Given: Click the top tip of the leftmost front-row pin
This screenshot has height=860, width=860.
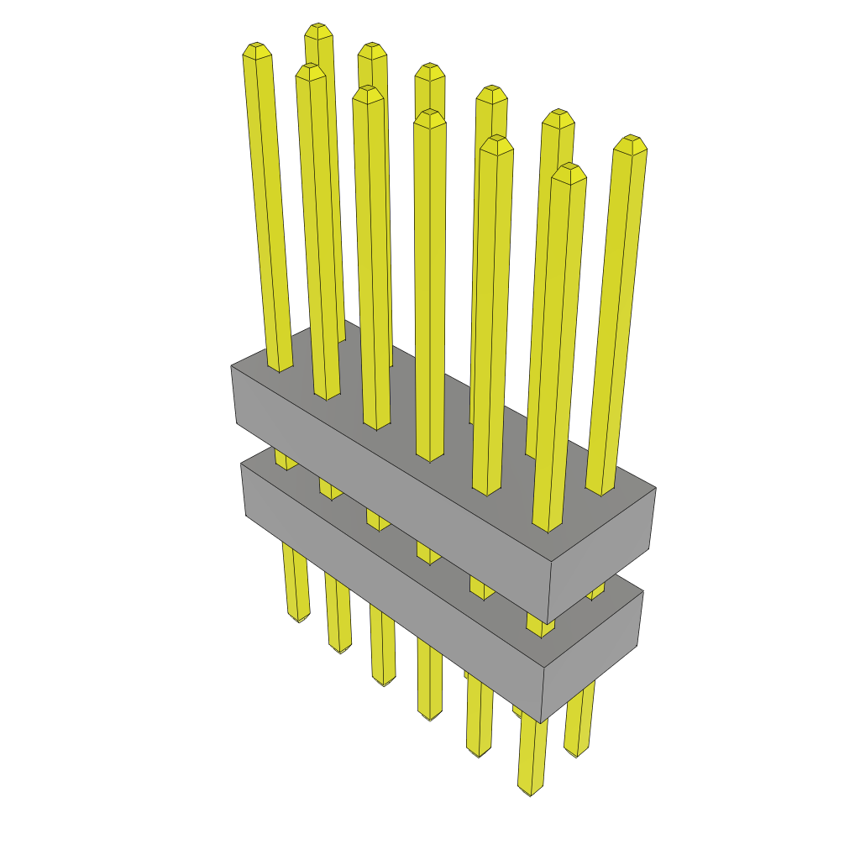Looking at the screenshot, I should (x=256, y=47).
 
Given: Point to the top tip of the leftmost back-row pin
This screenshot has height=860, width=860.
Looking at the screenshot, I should (x=317, y=28).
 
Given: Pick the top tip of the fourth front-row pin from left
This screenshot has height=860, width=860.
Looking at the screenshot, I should (x=429, y=114).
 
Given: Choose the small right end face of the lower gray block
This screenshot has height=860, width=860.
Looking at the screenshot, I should (x=593, y=655).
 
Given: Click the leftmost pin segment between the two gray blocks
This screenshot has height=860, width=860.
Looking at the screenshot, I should (x=285, y=460).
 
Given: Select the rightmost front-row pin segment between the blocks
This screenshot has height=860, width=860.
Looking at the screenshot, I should (x=541, y=625).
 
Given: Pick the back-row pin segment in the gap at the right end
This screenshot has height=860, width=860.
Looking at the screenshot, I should (x=595, y=591).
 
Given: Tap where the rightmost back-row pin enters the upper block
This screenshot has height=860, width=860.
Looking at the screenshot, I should (x=600, y=492).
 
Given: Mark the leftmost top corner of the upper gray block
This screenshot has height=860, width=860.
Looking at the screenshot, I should (x=232, y=366).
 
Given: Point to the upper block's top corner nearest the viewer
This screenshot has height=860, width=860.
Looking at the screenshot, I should (x=548, y=564).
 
